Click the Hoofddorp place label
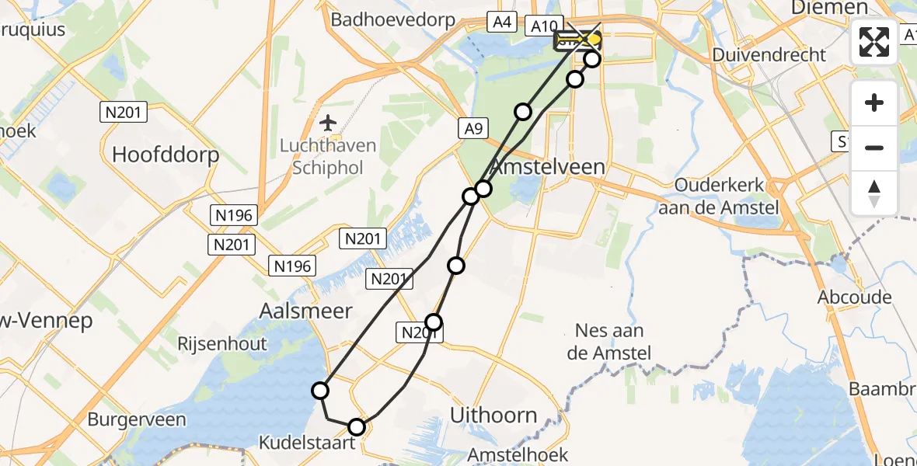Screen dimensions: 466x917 [166, 154]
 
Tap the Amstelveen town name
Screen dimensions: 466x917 [557, 167]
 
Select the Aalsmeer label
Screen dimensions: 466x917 [305, 311]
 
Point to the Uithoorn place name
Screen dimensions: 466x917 [494, 415]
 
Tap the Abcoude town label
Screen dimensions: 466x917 [852, 297]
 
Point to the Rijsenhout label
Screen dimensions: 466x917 [221, 343]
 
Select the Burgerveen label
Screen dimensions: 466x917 [137, 420]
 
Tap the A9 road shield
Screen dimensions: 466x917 [472, 128]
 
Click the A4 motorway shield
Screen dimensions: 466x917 [502, 23]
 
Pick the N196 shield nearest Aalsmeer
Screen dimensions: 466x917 [292, 266]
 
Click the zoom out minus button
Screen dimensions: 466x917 [874, 148]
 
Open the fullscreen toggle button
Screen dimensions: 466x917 [874, 42]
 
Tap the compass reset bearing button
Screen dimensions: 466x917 [874, 193]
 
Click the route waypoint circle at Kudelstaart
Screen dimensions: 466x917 [357, 426]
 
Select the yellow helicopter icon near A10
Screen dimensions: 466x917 [576, 40]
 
